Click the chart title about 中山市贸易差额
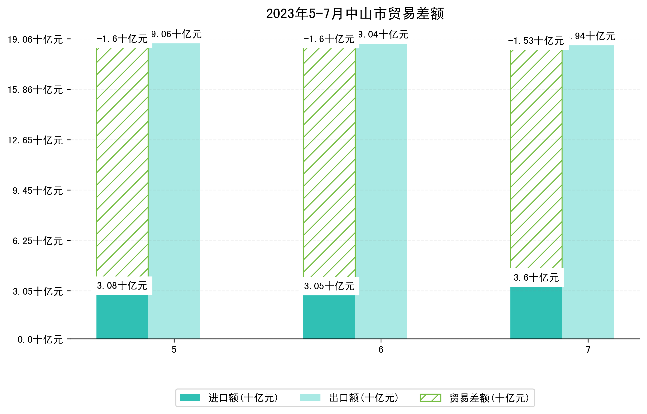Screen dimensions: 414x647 [x=355, y=14]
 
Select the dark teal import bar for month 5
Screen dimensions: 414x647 [x=122, y=317]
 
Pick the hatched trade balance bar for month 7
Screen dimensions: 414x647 [x=536, y=159]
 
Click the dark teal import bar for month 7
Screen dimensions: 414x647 [x=536, y=313]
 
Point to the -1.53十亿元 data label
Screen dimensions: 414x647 [x=536, y=41]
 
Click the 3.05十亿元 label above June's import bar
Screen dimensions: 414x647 [x=329, y=286]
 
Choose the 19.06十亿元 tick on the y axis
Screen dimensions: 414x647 [x=35, y=39]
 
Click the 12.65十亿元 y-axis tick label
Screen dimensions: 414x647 [x=35, y=140]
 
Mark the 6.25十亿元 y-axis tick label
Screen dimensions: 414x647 [x=38, y=241]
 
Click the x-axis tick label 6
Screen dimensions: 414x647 [x=381, y=350]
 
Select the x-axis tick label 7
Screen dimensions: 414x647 [x=588, y=350]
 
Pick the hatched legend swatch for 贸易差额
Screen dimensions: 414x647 [x=430, y=398]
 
